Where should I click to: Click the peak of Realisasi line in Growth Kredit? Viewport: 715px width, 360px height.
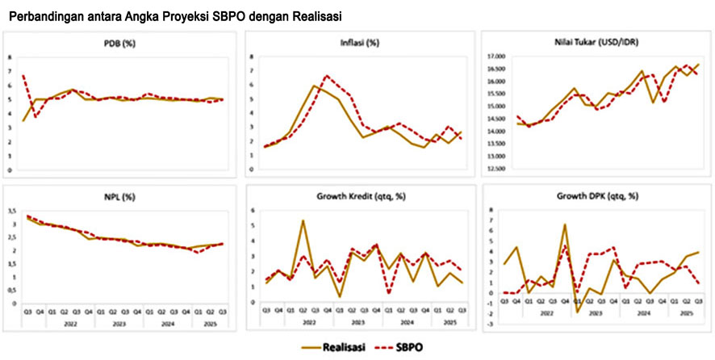[303, 220]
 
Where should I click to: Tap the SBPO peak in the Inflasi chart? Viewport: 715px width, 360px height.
[327, 76]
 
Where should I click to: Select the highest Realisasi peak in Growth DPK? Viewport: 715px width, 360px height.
[565, 224]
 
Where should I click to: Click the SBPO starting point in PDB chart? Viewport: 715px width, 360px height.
[23, 75]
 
